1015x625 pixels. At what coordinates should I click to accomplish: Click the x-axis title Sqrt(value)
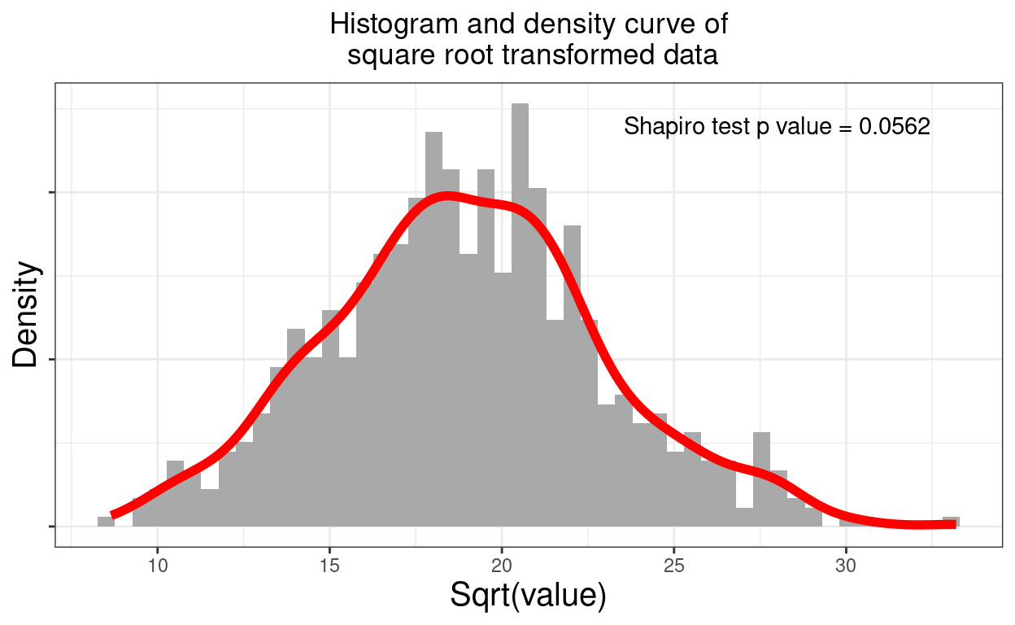[x=528, y=597]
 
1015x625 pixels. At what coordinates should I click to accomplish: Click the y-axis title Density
[x=25, y=314]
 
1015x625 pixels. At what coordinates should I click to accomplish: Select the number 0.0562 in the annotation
[x=895, y=127]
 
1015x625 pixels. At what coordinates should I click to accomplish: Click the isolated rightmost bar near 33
[x=951, y=522]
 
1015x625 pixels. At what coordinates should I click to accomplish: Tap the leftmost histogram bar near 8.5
[x=106, y=522]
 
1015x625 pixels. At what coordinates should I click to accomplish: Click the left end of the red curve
[x=114, y=514]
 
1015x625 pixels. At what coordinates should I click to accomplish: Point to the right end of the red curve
[x=953, y=524]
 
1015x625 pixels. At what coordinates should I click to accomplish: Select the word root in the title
[x=473, y=55]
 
